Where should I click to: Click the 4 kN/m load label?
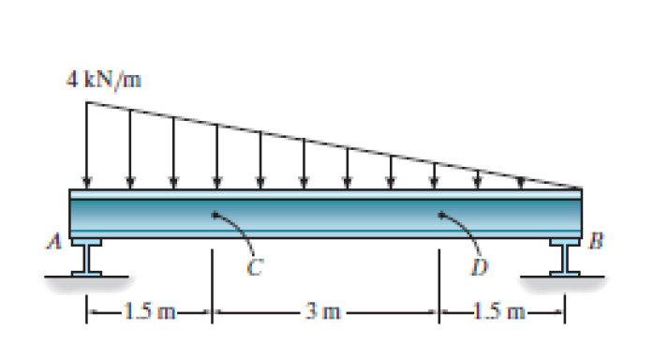point(104,79)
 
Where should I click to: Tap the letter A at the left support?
point(57,242)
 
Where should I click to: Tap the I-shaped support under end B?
point(565,256)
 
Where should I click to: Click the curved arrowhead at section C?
point(216,215)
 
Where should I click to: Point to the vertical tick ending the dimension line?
point(565,309)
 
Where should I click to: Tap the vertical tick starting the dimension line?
point(88,309)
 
